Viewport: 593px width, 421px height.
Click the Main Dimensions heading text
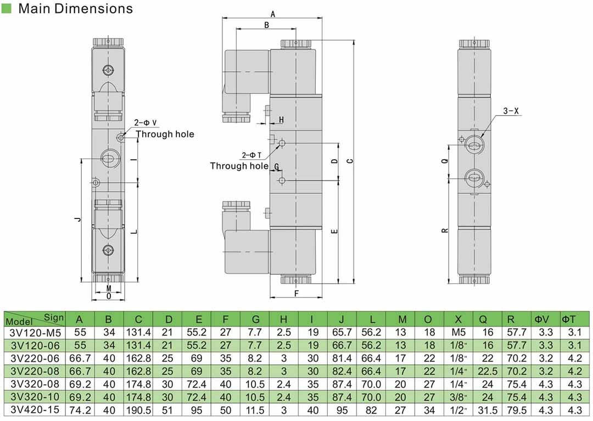point(75,9)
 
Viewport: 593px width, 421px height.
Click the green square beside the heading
point(7,8)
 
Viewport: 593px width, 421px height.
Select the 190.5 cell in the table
point(138,409)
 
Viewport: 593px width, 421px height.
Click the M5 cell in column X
point(458,333)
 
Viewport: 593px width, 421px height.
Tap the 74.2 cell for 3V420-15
point(80,409)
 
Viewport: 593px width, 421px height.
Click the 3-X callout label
point(511,111)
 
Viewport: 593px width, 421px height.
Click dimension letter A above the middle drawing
point(273,15)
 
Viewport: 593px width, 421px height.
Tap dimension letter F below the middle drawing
point(296,294)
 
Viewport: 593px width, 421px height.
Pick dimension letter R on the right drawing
point(445,230)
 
